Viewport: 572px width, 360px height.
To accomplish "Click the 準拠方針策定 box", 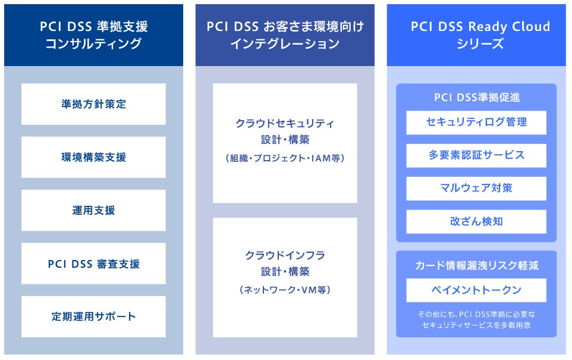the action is [x=93, y=104].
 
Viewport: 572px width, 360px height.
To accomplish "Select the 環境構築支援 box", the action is [x=93, y=157].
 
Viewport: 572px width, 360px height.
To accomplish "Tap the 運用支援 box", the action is [x=93, y=210].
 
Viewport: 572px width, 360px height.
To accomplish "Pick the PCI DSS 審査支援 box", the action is [x=93, y=263].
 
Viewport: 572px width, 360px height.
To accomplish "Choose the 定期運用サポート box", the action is [x=93, y=317].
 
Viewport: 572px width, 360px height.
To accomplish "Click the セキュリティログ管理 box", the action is [x=476, y=122].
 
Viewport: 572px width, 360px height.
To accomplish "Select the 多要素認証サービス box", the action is [x=476, y=155].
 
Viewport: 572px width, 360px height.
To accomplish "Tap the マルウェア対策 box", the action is [x=476, y=188].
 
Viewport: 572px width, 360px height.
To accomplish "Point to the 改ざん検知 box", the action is [x=476, y=221].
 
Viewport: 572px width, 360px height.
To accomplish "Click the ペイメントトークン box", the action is [x=476, y=290].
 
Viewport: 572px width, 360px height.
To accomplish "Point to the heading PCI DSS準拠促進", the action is [x=476, y=98].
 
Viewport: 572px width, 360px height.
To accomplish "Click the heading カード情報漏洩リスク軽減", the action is [x=476, y=265].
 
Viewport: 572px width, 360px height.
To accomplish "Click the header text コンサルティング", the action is [x=93, y=43].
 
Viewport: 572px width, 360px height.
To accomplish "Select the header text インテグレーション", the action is [x=285, y=43].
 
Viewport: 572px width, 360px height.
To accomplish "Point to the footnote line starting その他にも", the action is [x=476, y=314].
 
